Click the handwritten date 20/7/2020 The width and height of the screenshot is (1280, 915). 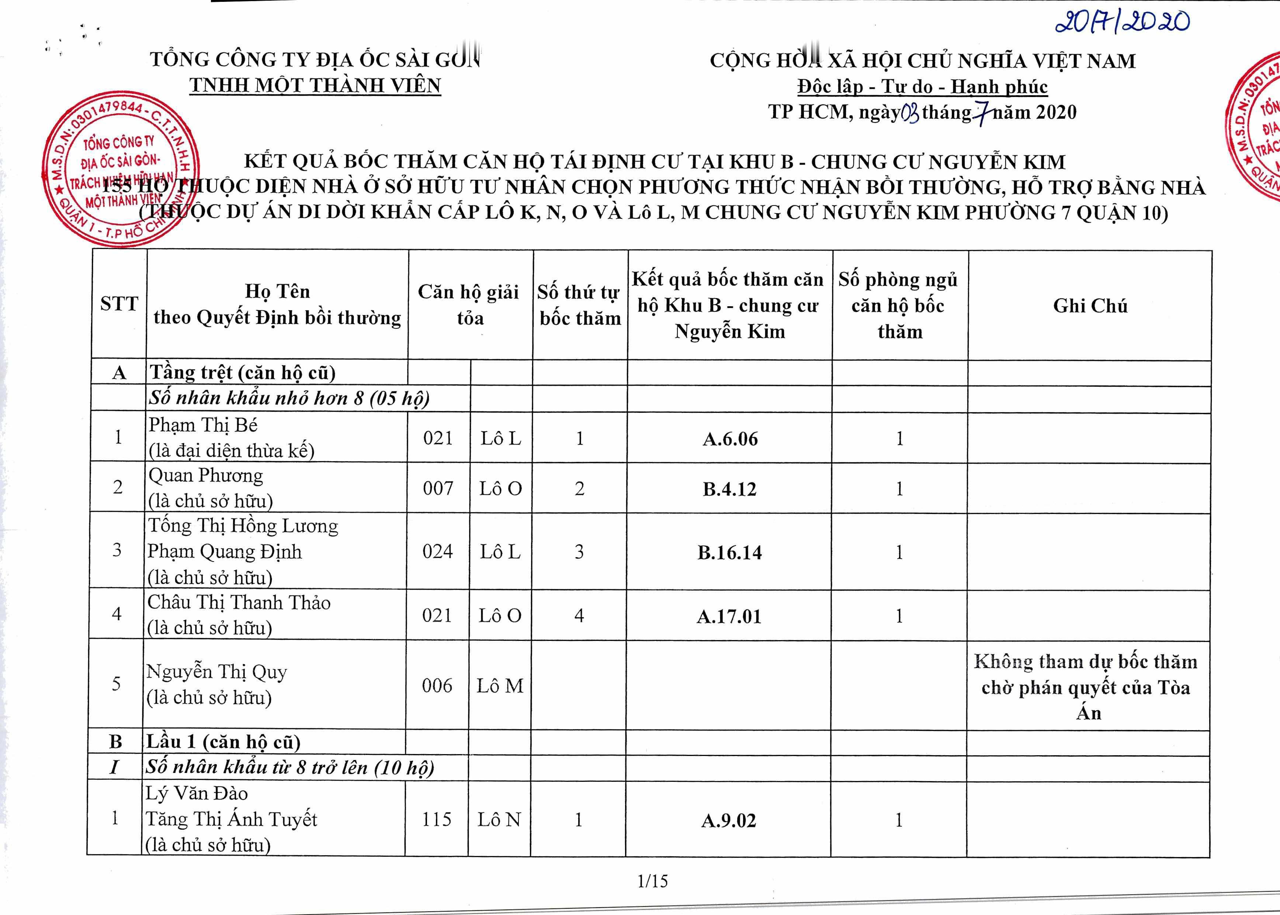click(x=1122, y=23)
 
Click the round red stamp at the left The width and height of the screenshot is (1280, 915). click(x=121, y=169)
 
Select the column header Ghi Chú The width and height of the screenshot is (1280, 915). click(x=1090, y=305)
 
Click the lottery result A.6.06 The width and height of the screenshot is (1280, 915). click(x=730, y=439)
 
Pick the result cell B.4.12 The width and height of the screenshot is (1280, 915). click(x=729, y=489)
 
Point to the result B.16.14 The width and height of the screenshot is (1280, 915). click(x=729, y=553)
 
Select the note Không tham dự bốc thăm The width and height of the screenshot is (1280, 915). click(x=1086, y=662)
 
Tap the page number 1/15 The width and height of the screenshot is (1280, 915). click(x=652, y=881)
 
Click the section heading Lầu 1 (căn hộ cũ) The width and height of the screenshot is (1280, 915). click(x=223, y=742)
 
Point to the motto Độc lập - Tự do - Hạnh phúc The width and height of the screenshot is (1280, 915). click(x=922, y=86)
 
